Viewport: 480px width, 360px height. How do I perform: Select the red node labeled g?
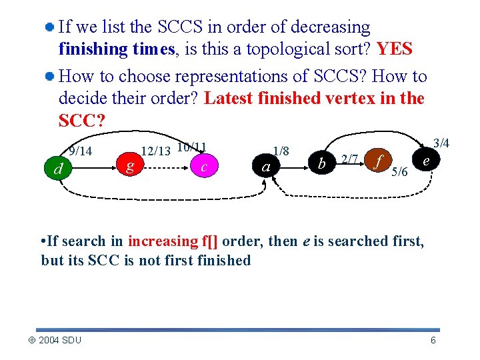[x=130, y=164]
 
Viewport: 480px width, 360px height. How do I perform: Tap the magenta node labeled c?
[x=204, y=166]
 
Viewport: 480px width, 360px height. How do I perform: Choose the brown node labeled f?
[x=379, y=161]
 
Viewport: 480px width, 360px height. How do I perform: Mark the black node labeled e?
[x=425, y=160]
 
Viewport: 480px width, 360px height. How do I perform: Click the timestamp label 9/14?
[x=80, y=151]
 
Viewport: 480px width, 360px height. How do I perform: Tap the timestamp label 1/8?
[x=281, y=151]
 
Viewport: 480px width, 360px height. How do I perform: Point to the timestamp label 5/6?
[x=400, y=172]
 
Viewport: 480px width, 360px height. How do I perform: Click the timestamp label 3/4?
[x=441, y=143]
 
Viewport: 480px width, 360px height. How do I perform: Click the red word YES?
[x=395, y=49]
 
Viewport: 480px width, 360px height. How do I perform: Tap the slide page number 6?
[x=433, y=341]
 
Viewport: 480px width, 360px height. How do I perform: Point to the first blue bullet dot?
[x=50, y=28]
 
